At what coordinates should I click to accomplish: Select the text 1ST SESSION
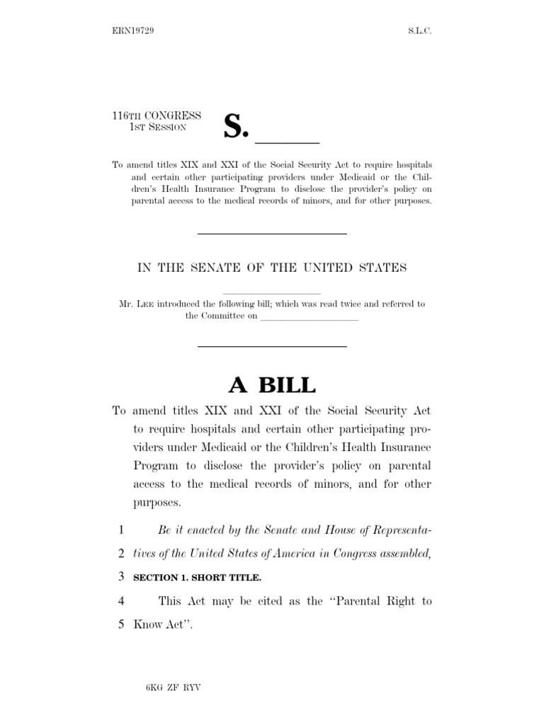[157, 127]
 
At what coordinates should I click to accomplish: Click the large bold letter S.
[237, 125]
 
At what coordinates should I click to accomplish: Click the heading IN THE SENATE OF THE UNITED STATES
[271, 267]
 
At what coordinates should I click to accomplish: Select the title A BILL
[271, 385]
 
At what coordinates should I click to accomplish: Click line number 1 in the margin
[122, 529]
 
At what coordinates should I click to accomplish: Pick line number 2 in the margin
[122, 553]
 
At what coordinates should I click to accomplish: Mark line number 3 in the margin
[122, 577]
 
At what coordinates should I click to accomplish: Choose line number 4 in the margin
[122, 601]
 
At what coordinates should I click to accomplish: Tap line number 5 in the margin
[122, 625]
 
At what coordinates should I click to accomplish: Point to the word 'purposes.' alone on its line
[157, 503]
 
